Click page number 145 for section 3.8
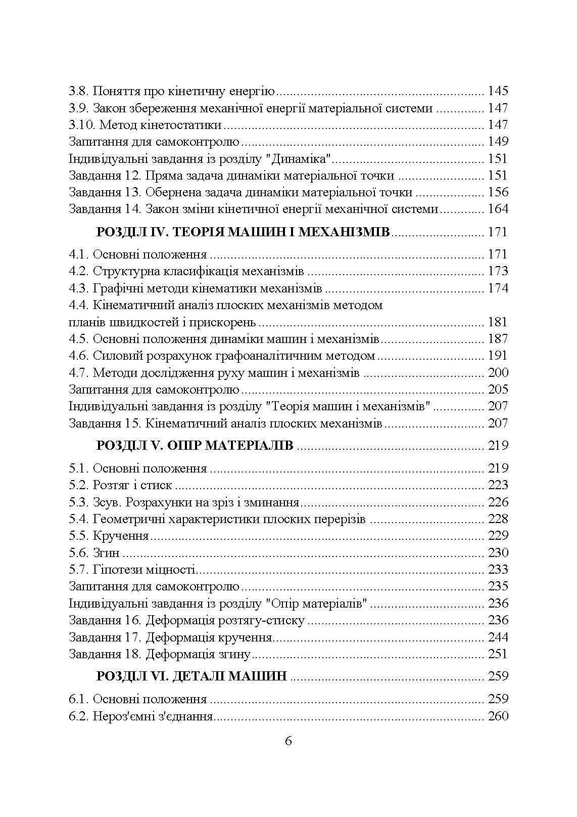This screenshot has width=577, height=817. (x=498, y=92)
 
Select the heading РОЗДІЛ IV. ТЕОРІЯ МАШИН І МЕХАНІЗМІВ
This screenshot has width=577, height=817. (x=243, y=232)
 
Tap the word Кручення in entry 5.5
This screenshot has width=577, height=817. (x=121, y=536)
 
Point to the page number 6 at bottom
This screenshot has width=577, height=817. (x=288, y=741)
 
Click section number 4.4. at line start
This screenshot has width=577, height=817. (x=79, y=306)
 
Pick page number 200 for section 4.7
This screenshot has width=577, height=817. (x=498, y=373)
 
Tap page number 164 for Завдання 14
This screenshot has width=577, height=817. (x=498, y=209)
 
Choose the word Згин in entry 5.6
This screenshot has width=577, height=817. (x=106, y=553)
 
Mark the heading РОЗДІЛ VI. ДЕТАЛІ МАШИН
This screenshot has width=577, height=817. (x=191, y=676)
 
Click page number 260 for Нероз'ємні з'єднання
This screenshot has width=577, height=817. (x=498, y=716)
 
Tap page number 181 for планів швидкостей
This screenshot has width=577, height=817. (x=498, y=322)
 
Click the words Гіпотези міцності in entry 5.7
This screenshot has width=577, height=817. (x=144, y=570)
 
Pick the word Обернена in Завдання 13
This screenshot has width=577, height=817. (x=169, y=193)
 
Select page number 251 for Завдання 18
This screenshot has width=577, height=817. (x=498, y=654)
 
